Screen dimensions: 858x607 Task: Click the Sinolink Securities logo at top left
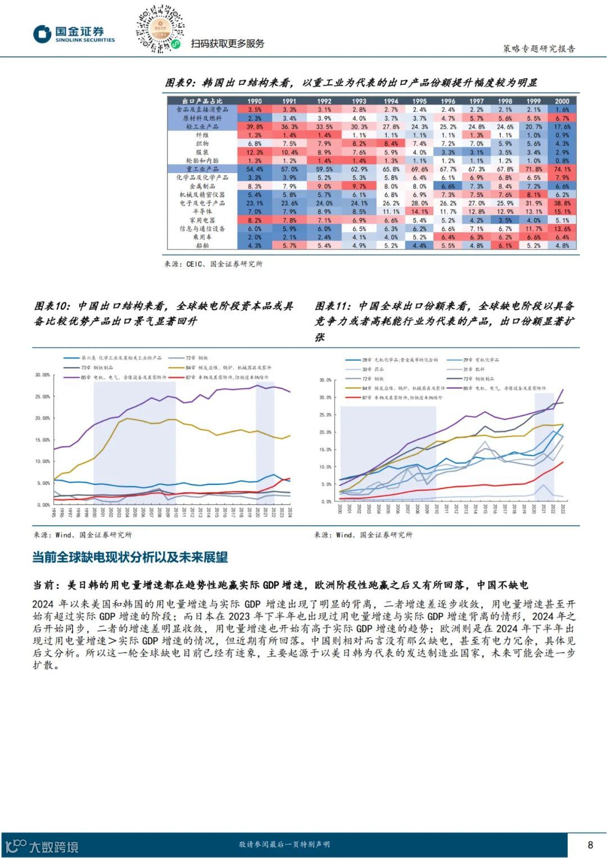(x=74, y=34)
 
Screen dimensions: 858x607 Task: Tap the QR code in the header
(x=160, y=30)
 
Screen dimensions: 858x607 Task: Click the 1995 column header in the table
(x=419, y=101)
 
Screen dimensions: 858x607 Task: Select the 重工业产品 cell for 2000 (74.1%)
(x=562, y=169)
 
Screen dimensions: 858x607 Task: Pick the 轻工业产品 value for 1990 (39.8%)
(x=255, y=127)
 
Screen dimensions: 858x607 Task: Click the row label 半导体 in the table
(x=202, y=212)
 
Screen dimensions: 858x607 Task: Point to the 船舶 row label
(x=202, y=246)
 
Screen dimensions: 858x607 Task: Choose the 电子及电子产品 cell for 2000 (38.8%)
(x=562, y=203)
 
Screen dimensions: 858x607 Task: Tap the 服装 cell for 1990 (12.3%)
(x=255, y=152)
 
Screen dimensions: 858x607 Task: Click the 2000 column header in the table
(x=562, y=101)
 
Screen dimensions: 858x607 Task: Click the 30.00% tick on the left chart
(x=43, y=375)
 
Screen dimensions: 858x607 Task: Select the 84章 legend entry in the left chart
(x=225, y=367)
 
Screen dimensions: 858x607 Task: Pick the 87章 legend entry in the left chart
(x=225, y=378)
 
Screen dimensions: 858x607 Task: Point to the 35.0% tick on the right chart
(x=325, y=380)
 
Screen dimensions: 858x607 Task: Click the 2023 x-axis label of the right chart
(x=563, y=508)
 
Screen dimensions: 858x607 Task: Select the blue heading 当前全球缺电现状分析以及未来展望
(x=130, y=557)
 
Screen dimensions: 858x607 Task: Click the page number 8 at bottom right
(x=590, y=845)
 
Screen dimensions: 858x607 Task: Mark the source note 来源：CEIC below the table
(x=213, y=264)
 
